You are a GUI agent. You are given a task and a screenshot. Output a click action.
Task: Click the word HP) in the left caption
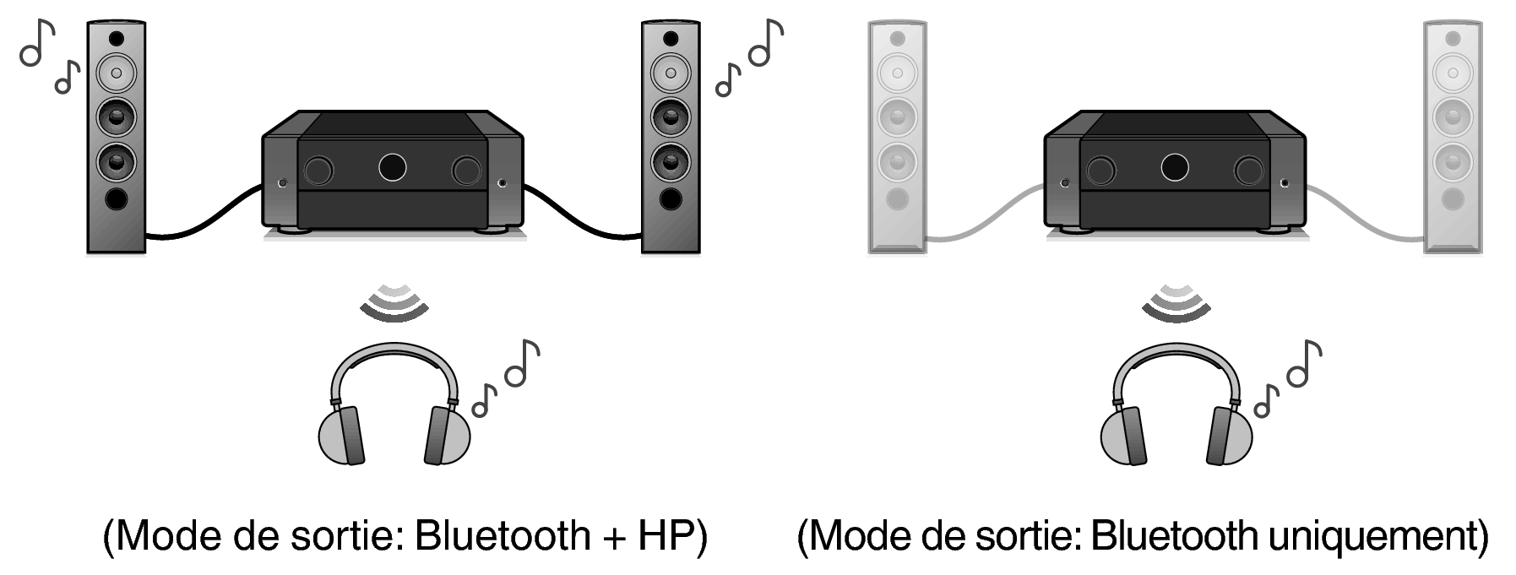(671, 537)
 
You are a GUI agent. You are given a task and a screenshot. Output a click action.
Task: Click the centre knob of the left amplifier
(392, 167)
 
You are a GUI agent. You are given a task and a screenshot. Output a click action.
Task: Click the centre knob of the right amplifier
(1175, 167)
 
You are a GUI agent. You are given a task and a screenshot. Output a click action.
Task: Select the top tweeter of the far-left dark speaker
(117, 39)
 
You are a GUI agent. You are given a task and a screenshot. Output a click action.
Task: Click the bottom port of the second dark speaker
(671, 198)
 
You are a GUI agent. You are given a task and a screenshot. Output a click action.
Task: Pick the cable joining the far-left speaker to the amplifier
(204, 211)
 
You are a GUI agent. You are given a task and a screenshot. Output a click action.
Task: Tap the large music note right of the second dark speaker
(767, 43)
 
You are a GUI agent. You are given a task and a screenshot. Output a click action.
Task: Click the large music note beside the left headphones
(522, 364)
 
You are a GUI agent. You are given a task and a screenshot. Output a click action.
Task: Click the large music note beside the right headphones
(1304, 364)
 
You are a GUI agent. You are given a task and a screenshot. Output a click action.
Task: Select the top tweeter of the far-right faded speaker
(1453, 39)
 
